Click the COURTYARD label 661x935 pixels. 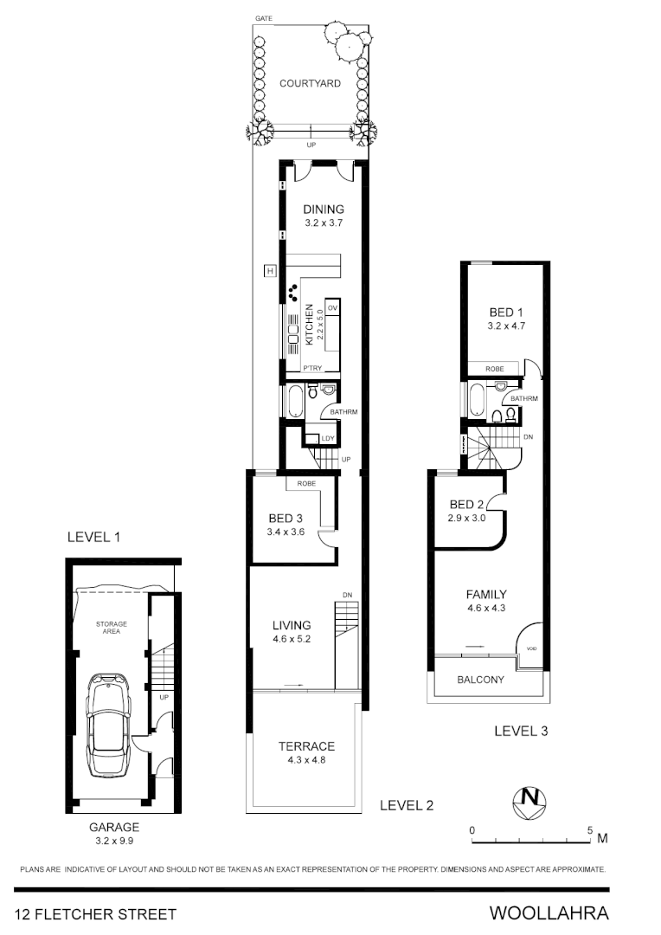coord(310,84)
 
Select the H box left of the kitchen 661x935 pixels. coord(270,272)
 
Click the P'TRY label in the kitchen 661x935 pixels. coord(312,369)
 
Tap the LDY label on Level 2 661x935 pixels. coord(327,439)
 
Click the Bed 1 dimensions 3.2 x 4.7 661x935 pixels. coord(506,327)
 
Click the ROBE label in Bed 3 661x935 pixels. coord(305,483)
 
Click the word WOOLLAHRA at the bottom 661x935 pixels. coord(549,913)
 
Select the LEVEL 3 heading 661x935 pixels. coord(521,731)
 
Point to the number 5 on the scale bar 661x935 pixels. coord(590,829)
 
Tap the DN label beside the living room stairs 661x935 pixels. coord(347,595)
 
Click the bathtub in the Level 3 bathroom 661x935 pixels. coord(477,400)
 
